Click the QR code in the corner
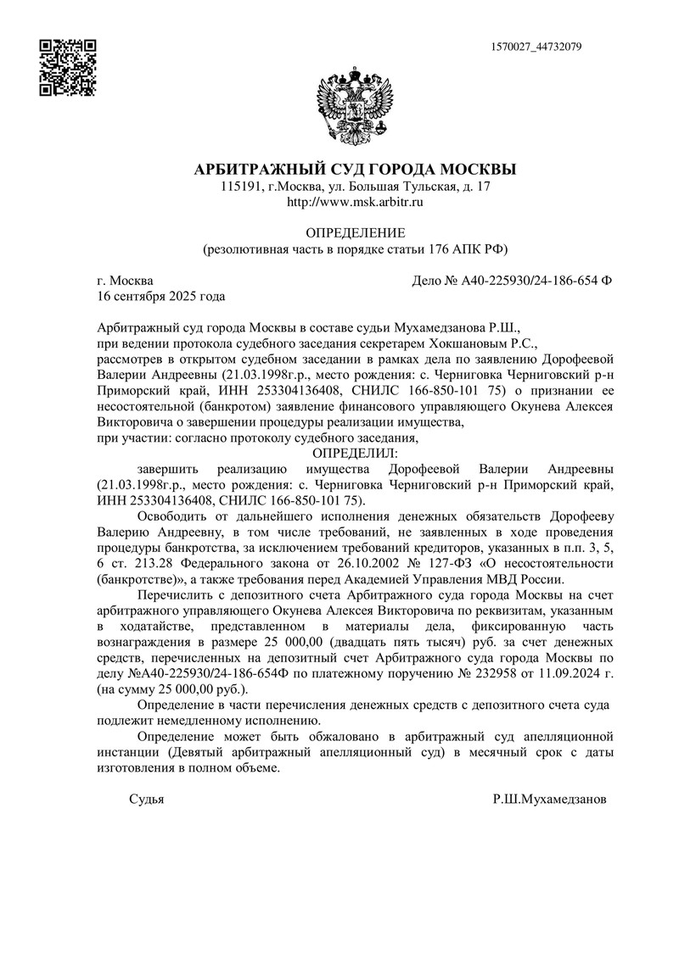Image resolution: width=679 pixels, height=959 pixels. [x=68, y=67]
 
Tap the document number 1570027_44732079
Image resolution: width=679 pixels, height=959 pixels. [x=536, y=47]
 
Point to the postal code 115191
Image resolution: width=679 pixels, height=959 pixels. [x=240, y=187]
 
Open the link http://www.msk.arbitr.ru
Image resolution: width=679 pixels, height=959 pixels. [x=355, y=203]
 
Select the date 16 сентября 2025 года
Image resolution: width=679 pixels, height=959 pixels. [x=161, y=297]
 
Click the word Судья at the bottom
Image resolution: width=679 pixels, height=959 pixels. [x=146, y=800]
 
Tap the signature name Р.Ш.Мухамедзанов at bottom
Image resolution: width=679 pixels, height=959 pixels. [x=549, y=800]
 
